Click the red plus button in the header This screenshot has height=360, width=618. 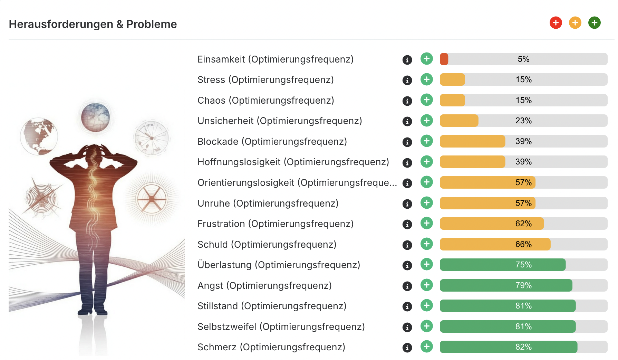click(556, 23)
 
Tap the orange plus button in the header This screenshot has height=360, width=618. click(575, 23)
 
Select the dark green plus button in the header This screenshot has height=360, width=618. click(594, 23)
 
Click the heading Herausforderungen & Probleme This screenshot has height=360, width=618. click(93, 24)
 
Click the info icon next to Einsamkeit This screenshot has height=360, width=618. click(407, 60)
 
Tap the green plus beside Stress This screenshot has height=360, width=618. click(427, 79)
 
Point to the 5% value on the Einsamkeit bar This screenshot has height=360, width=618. click(523, 59)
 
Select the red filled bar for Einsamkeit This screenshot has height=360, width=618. click(444, 59)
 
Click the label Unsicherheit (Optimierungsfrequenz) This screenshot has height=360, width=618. click(280, 121)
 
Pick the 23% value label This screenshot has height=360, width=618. click(523, 121)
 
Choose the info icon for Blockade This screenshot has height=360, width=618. click(407, 142)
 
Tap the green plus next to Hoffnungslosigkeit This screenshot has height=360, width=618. click(427, 161)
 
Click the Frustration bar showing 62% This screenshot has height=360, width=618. click(492, 224)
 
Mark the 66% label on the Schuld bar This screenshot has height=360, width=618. click(523, 244)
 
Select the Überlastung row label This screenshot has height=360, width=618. click(279, 265)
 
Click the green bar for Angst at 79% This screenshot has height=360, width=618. click(506, 285)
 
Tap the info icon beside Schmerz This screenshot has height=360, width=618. click(407, 348)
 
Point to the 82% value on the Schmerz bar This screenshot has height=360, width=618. click(523, 347)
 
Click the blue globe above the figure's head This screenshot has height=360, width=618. click(95, 117)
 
